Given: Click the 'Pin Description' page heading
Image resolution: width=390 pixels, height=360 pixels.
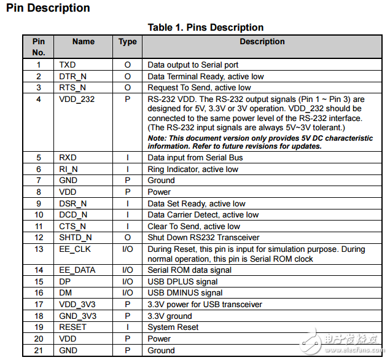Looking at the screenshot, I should [x=48, y=9].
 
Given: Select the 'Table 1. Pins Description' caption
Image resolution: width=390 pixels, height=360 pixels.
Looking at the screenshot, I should [x=205, y=28].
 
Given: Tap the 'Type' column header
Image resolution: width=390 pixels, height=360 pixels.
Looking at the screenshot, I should [x=128, y=42].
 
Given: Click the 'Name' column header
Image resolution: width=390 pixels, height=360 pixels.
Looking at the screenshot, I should [x=83, y=42].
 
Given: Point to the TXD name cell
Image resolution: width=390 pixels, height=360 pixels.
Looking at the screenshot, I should [x=68, y=65].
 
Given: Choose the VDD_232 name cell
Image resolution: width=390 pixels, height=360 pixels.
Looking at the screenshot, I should [x=77, y=100].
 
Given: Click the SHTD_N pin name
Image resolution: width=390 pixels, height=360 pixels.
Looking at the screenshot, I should [x=76, y=238].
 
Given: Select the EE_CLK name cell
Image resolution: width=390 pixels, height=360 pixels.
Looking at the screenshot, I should [x=75, y=249].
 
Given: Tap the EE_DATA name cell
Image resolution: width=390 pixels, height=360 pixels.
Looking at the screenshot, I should [x=77, y=270].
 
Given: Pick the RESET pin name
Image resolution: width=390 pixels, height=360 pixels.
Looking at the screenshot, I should [x=72, y=327].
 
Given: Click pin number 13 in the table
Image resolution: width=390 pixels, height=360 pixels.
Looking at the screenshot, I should [x=39, y=249].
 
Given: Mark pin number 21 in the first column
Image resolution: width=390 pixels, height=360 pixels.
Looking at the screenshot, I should [x=39, y=351].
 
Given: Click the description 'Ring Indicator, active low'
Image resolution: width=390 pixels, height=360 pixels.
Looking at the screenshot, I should [x=192, y=169].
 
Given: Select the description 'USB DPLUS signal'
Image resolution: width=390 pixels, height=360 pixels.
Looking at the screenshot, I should [x=182, y=281].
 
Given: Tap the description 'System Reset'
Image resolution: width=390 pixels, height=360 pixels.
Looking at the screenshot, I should [x=173, y=327].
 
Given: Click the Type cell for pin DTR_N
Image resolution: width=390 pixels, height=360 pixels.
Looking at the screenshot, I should [x=128, y=77].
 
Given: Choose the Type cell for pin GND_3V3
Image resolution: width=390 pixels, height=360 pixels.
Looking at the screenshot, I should [x=128, y=316].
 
